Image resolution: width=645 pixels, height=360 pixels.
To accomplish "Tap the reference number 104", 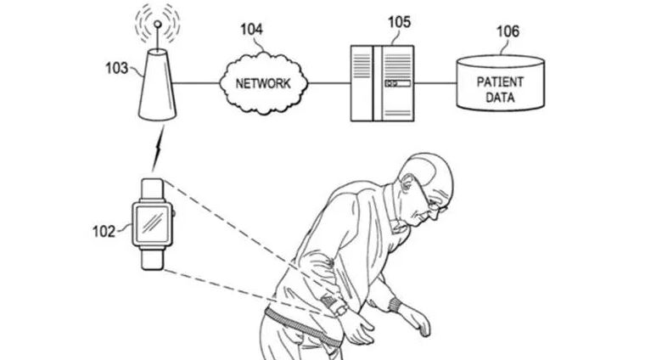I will [x=250, y=29].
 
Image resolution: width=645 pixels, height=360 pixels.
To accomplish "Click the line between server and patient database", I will [x=438, y=83].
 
